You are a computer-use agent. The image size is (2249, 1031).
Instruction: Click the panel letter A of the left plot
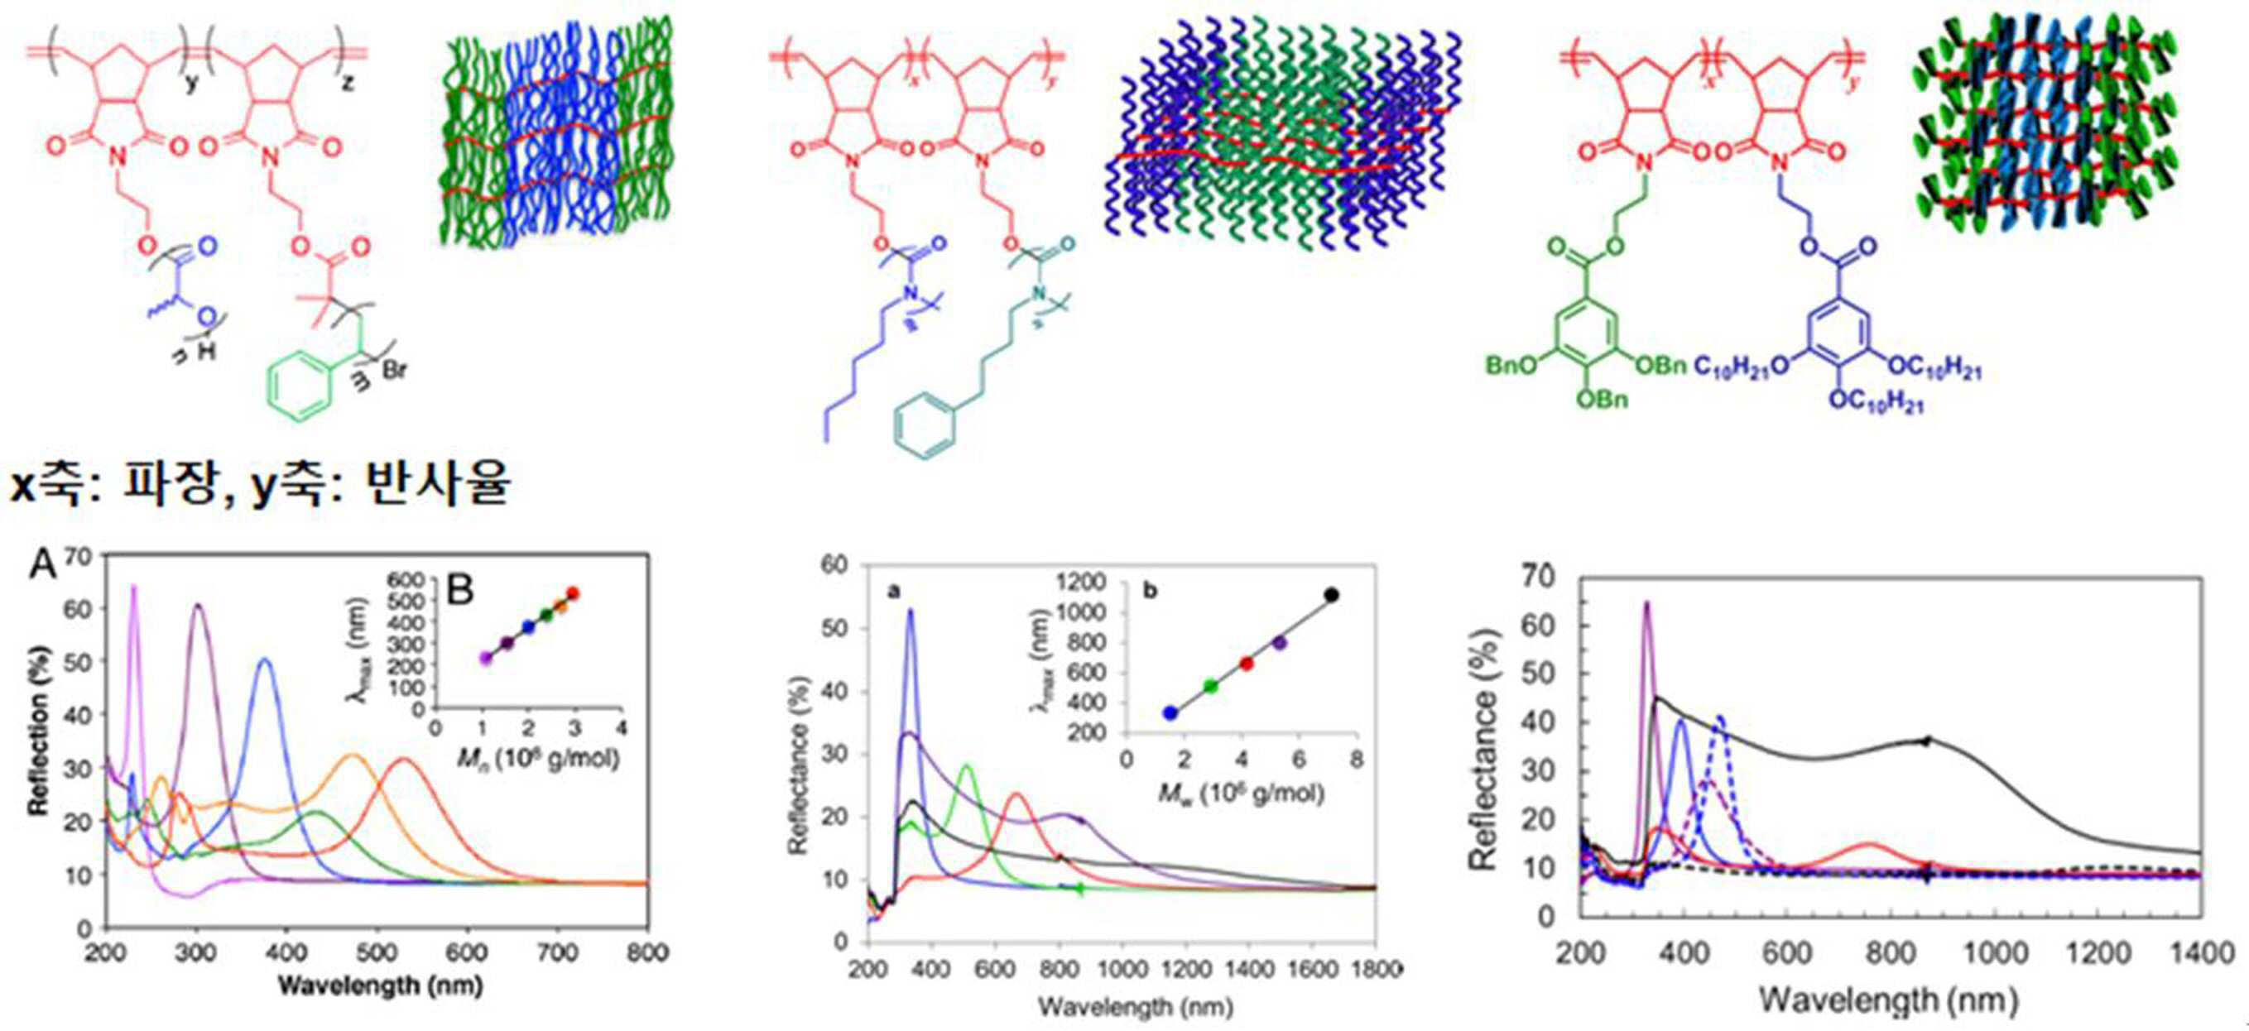click(x=43, y=566)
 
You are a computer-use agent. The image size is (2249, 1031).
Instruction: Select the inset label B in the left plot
click(x=459, y=590)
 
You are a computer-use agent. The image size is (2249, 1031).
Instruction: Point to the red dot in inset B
click(x=573, y=593)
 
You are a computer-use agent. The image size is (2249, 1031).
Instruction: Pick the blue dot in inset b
click(x=1170, y=712)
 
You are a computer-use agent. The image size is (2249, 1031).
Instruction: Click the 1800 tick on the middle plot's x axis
click(x=1375, y=968)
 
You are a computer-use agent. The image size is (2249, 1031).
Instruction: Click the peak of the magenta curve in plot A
click(x=133, y=587)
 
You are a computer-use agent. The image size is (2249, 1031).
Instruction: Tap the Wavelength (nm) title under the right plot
click(x=1887, y=1000)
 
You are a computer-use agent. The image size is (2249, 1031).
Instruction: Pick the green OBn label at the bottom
click(x=1604, y=400)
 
